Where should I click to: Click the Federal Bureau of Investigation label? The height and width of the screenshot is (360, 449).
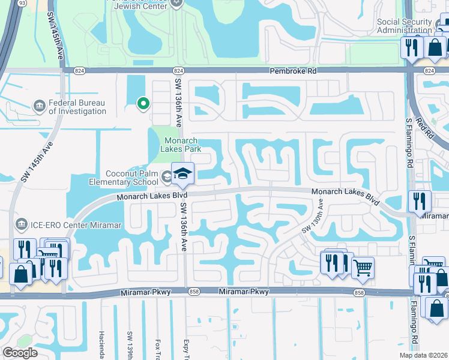[77, 107]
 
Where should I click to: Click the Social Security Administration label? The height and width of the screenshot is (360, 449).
[404, 26]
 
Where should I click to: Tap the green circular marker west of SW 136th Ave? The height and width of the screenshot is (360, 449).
[143, 104]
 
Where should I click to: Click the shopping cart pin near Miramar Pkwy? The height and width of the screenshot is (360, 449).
[362, 268]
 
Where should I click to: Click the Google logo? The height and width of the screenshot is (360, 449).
[20, 353]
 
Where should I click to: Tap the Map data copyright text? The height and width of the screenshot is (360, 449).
[424, 355]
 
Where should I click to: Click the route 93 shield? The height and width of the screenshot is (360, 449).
[22, 3]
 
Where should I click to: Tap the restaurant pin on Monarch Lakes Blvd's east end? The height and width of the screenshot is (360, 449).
[420, 202]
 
